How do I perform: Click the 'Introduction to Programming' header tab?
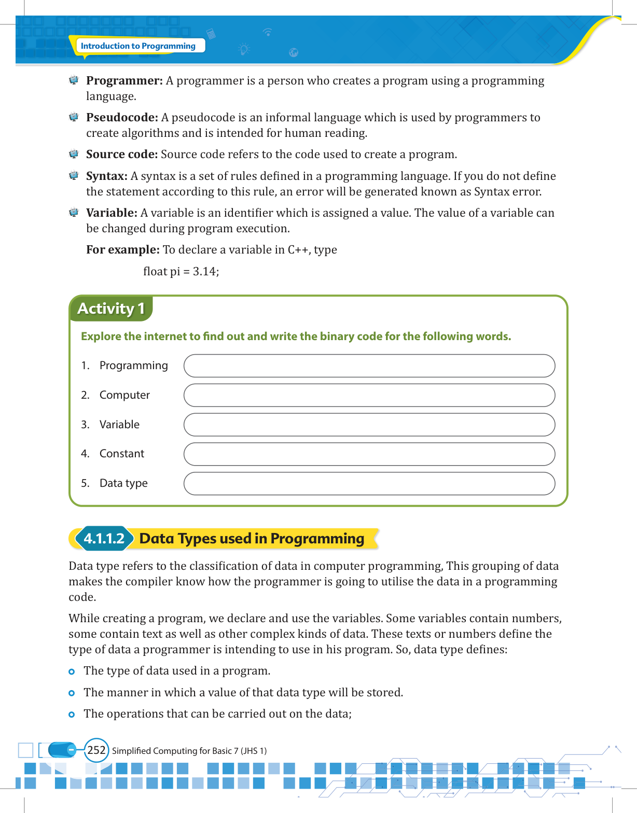click(138, 46)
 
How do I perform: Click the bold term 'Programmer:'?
click(124, 81)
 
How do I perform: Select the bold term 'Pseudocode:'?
click(122, 118)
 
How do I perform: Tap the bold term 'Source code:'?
click(122, 155)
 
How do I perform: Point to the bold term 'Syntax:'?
click(107, 176)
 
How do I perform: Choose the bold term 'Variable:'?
click(112, 213)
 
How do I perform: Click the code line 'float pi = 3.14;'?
click(181, 272)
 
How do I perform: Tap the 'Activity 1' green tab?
click(110, 309)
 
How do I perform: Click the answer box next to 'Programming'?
click(369, 366)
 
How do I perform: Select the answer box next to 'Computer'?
click(369, 395)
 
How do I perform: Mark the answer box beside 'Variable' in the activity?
click(369, 425)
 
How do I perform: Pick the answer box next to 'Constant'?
click(369, 454)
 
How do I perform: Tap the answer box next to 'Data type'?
click(369, 484)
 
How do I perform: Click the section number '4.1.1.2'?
click(104, 539)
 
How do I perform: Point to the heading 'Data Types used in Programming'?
click(252, 539)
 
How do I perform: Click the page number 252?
click(96, 750)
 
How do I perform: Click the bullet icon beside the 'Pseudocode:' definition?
click(74, 117)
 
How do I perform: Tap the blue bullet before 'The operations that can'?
click(72, 714)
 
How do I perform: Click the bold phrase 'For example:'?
click(123, 250)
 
